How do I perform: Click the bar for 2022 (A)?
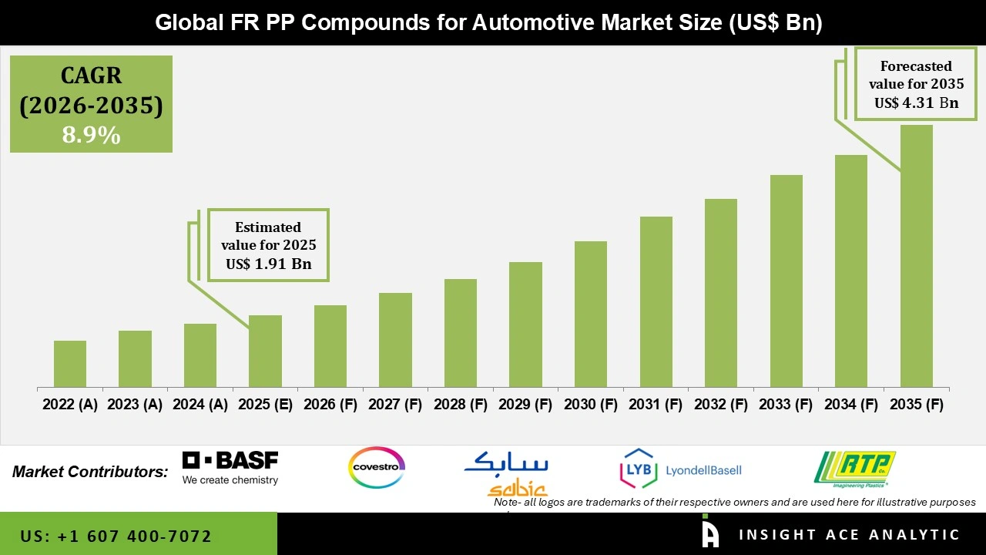[x=70, y=364]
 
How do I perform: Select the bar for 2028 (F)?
[x=461, y=333]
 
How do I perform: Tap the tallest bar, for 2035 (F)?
[x=916, y=256]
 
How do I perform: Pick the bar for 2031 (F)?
[x=656, y=301]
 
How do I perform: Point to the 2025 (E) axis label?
[x=265, y=405]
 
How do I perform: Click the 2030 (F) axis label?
[x=591, y=405]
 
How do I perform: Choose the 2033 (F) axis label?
[x=786, y=405]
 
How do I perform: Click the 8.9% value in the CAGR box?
[x=91, y=136]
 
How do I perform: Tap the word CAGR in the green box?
[x=91, y=76]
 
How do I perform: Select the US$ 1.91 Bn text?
[x=268, y=264]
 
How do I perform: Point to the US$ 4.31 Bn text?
[x=916, y=103]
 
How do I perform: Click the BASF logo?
[x=230, y=468]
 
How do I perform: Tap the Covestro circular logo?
[x=377, y=467]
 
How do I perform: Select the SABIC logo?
[x=507, y=472]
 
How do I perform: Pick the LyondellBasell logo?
[x=681, y=469]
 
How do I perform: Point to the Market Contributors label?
[x=90, y=471]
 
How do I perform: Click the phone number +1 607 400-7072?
[x=116, y=536]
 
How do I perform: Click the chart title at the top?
[x=489, y=22]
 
